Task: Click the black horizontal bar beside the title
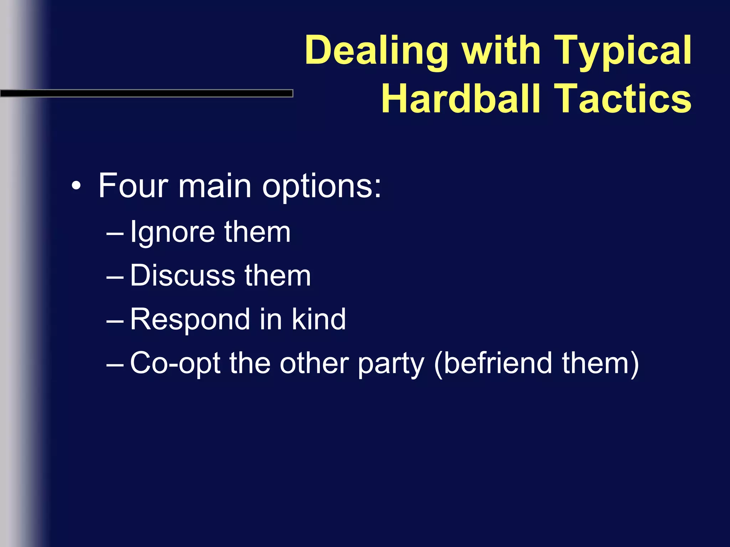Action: coord(146,93)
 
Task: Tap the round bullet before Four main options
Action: coord(76,186)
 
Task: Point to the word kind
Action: coord(319,319)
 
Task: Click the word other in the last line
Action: coord(314,363)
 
